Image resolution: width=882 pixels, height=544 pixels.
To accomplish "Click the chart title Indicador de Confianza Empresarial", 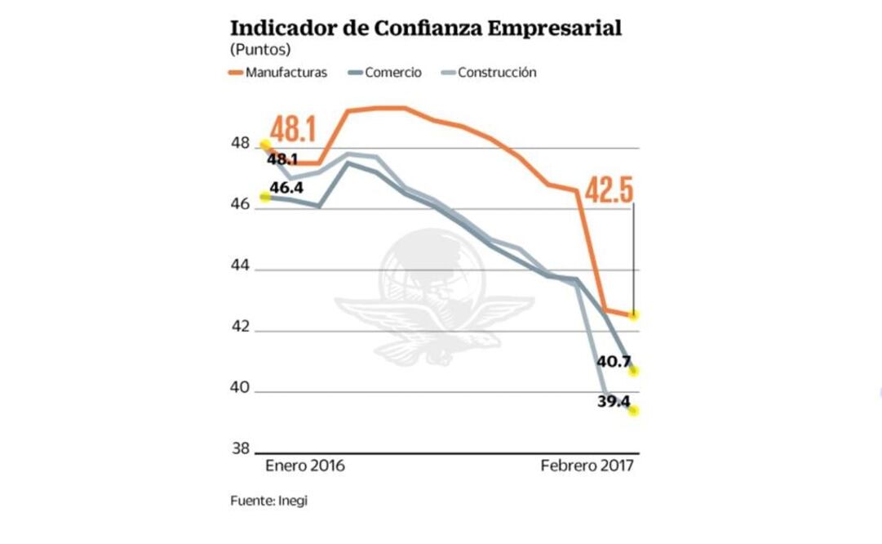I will [426, 29].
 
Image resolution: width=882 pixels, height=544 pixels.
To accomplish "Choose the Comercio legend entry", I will [392, 73].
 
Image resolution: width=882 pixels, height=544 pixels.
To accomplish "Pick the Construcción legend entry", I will [496, 73].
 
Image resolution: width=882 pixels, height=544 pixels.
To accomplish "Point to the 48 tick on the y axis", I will [240, 144].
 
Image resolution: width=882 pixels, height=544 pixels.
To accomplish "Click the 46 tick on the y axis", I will [240, 205].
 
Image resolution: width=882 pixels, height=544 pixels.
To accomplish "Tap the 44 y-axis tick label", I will [240, 266].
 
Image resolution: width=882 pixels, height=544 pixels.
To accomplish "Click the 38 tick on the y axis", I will [240, 448].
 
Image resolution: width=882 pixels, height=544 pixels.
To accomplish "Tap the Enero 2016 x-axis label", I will [305, 466].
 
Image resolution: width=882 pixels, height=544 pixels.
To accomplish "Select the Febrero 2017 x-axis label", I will [587, 466].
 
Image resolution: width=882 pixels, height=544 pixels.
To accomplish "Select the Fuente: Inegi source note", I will [268, 501].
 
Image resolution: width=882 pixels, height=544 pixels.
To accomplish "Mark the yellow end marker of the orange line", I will [634, 314].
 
